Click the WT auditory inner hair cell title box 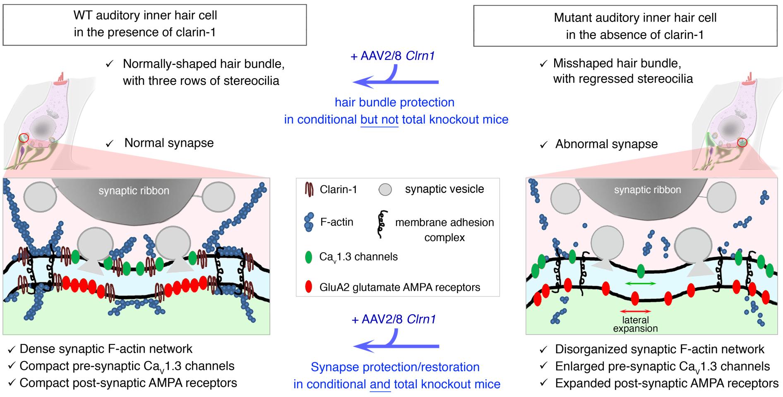click(x=154, y=24)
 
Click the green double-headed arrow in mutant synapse click(x=640, y=284)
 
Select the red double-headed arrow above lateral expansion click(x=635, y=311)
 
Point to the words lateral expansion click(x=635, y=324)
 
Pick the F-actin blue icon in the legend click(x=308, y=222)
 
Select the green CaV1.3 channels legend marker click(x=308, y=257)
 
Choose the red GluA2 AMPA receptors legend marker click(x=308, y=287)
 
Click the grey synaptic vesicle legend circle click(x=385, y=190)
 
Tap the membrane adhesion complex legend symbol click(x=380, y=225)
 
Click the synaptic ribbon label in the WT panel click(x=134, y=191)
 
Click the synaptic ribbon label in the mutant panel click(x=647, y=190)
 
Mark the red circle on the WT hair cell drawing click(x=24, y=138)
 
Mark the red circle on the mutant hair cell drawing click(x=743, y=143)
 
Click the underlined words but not click(x=379, y=120)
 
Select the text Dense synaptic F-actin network click(x=106, y=349)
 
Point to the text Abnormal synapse click(x=606, y=144)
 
